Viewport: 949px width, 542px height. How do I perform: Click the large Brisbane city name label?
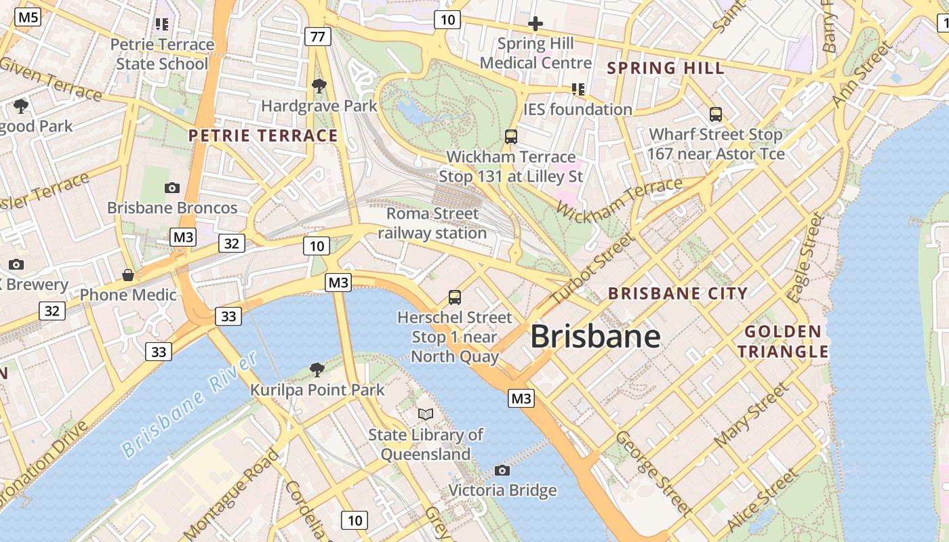click(595, 336)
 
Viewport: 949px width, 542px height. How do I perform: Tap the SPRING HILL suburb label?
click(666, 68)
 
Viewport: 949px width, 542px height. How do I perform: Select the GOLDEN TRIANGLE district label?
click(783, 341)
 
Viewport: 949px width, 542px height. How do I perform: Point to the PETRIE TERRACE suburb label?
click(263, 135)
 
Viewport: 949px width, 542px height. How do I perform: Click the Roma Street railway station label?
click(432, 224)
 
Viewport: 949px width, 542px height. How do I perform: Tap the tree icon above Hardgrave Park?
click(319, 86)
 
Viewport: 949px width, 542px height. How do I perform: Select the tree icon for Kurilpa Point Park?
click(317, 369)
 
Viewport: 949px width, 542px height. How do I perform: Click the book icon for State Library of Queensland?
click(426, 414)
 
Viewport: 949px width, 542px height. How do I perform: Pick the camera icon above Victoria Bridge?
click(502, 470)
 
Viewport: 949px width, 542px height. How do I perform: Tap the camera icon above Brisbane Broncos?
click(172, 188)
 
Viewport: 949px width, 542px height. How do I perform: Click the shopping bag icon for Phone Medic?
click(128, 275)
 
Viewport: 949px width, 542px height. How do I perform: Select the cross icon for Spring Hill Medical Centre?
click(536, 24)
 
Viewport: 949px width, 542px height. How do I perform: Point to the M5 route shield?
click(28, 18)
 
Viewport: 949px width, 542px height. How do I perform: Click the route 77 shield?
click(317, 37)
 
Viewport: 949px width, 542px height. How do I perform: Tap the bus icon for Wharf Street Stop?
click(716, 114)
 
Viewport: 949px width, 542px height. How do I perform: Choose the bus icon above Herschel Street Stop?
click(455, 297)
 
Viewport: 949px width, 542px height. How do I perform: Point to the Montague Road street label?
click(230, 495)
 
